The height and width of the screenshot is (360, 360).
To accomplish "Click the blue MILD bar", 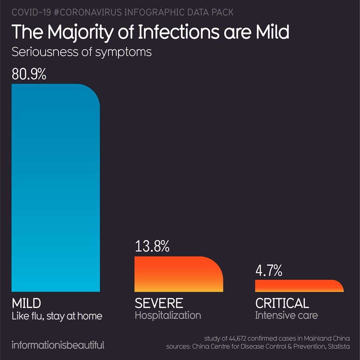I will (55, 187).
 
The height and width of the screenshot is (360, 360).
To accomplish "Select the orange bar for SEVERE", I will (178, 274).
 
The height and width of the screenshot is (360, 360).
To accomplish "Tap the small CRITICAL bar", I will (299, 286).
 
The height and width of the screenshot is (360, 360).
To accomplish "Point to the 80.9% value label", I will (29, 74).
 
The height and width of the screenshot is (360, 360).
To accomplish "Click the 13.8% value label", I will (152, 247).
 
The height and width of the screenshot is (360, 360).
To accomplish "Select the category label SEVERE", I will (159, 303).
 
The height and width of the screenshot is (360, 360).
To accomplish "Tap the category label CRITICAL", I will (282, 303).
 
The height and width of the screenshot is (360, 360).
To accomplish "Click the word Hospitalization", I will (168, 315).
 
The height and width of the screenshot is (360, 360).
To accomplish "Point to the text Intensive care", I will (286, 315).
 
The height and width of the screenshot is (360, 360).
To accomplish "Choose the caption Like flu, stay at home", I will (57, 316).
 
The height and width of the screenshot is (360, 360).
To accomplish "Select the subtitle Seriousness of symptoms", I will (81, 52).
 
